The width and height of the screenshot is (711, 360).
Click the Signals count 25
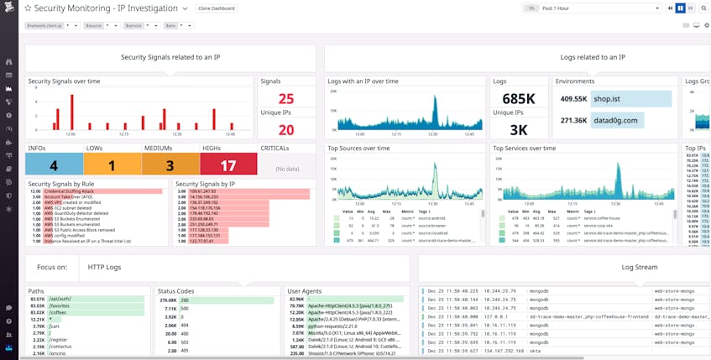(285, 99)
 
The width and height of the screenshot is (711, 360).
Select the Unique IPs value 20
(285, 130)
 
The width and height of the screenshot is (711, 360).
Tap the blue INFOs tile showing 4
(54, 165)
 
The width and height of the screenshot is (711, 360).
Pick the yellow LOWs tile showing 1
(112, 165)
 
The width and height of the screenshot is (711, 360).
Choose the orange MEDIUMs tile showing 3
(170, 165)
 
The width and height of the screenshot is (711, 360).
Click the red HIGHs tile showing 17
(228, 165)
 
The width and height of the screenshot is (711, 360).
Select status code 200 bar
(227, 299)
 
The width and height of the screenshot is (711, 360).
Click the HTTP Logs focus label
(104, 268)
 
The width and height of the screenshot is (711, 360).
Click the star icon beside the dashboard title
(28, 8)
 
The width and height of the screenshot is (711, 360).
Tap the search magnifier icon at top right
(704, 8)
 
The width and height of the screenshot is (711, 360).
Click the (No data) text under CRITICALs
(287, 169)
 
